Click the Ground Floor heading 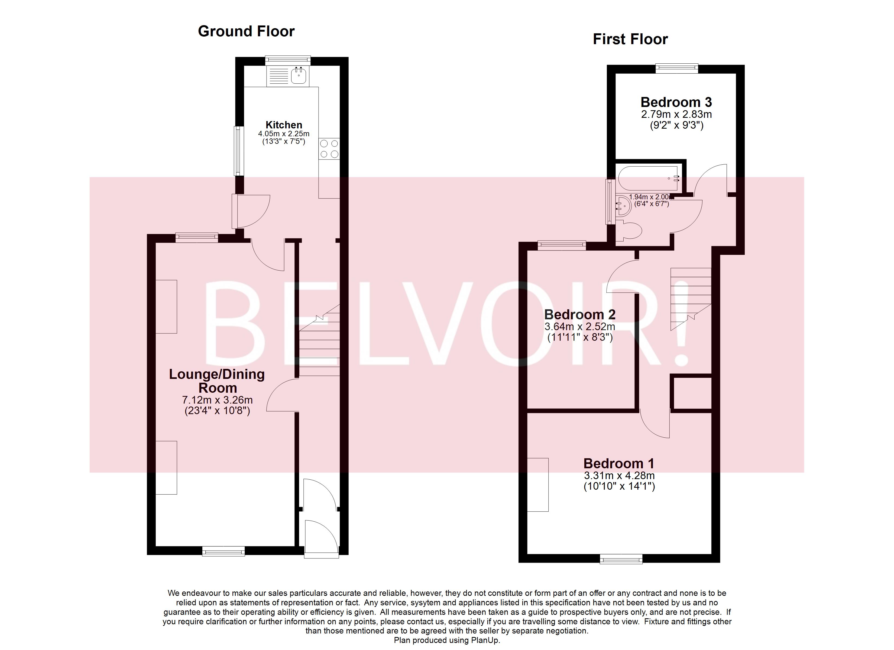coord(246,31)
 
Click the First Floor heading coord(630,39)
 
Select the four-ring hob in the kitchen coord(329,149)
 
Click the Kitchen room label coord(284,125)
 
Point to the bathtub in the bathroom coord(649,178)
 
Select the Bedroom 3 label coord(676,102)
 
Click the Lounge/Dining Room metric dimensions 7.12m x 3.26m coord(217,400)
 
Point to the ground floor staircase coord(319,343)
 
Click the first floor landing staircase coord(691,298)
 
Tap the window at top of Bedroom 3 coord(677,69)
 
